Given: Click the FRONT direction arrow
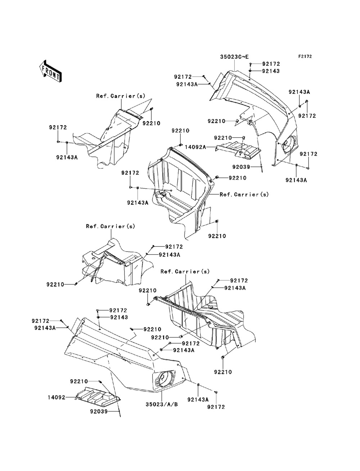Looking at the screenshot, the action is [x=51, y=71].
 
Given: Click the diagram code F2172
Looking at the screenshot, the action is [x=305, y=56].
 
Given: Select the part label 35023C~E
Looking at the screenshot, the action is [x=234, y=57].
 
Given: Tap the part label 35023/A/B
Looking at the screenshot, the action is [x=162, y=404].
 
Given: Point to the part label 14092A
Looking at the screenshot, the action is [x=195, y=147].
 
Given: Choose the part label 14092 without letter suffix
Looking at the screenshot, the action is [x=57, y=397].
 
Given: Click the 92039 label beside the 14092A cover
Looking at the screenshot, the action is [x=241, y=167].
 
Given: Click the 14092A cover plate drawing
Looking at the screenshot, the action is [x=238, y=150].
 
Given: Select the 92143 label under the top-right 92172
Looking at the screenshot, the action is [x=271, y=71].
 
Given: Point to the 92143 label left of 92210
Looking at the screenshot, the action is [x=119, y=317].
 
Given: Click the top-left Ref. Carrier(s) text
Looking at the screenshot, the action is [x=121, y=96].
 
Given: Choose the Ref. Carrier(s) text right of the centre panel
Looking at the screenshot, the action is [x=244, y=194].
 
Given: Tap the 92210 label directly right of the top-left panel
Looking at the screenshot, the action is [x=152, y=123].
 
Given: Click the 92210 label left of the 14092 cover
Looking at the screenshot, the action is [x=79, y=381].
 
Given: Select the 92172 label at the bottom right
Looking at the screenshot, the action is [x=216, y=407].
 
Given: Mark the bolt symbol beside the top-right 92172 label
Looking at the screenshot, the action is [x=251, y=64].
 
